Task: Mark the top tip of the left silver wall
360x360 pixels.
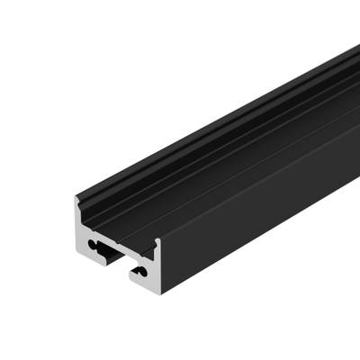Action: point(76,200)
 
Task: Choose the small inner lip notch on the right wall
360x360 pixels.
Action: point(148,243)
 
